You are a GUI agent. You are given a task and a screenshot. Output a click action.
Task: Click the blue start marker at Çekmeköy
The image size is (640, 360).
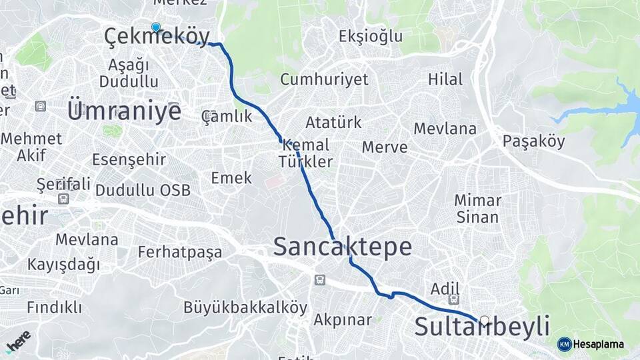155,27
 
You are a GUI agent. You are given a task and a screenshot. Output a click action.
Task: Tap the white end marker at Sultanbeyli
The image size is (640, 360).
485,321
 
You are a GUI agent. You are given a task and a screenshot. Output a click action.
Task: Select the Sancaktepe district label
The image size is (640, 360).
342,247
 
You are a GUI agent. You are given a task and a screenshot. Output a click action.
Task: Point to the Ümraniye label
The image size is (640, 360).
124,111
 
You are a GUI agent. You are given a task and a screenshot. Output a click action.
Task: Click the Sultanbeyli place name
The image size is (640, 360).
482,327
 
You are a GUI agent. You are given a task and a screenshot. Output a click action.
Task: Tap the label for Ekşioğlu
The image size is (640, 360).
371,36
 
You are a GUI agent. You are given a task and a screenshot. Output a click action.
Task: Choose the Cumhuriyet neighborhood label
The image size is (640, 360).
324,79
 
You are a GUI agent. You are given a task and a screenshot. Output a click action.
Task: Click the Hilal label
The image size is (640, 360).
445,79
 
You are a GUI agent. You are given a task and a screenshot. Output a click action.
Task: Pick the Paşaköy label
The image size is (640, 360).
533,141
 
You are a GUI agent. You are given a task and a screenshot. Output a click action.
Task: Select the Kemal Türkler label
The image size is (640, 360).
306,153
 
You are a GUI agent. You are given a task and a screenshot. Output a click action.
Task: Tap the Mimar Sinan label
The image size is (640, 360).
477,208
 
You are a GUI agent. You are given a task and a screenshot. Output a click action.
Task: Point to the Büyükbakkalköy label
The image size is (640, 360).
245,308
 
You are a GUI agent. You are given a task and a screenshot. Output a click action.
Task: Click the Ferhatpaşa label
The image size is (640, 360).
179,252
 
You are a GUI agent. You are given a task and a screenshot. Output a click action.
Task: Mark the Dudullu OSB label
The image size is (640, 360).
143,190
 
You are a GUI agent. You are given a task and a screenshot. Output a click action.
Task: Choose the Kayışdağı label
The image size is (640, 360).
64,264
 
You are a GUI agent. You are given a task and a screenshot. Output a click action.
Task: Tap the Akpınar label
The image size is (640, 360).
343,320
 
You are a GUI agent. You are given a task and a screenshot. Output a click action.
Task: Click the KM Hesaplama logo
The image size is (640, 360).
591,344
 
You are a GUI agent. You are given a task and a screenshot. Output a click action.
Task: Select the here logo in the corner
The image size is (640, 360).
18,340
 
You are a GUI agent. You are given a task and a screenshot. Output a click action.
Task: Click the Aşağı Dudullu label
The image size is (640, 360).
129,73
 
